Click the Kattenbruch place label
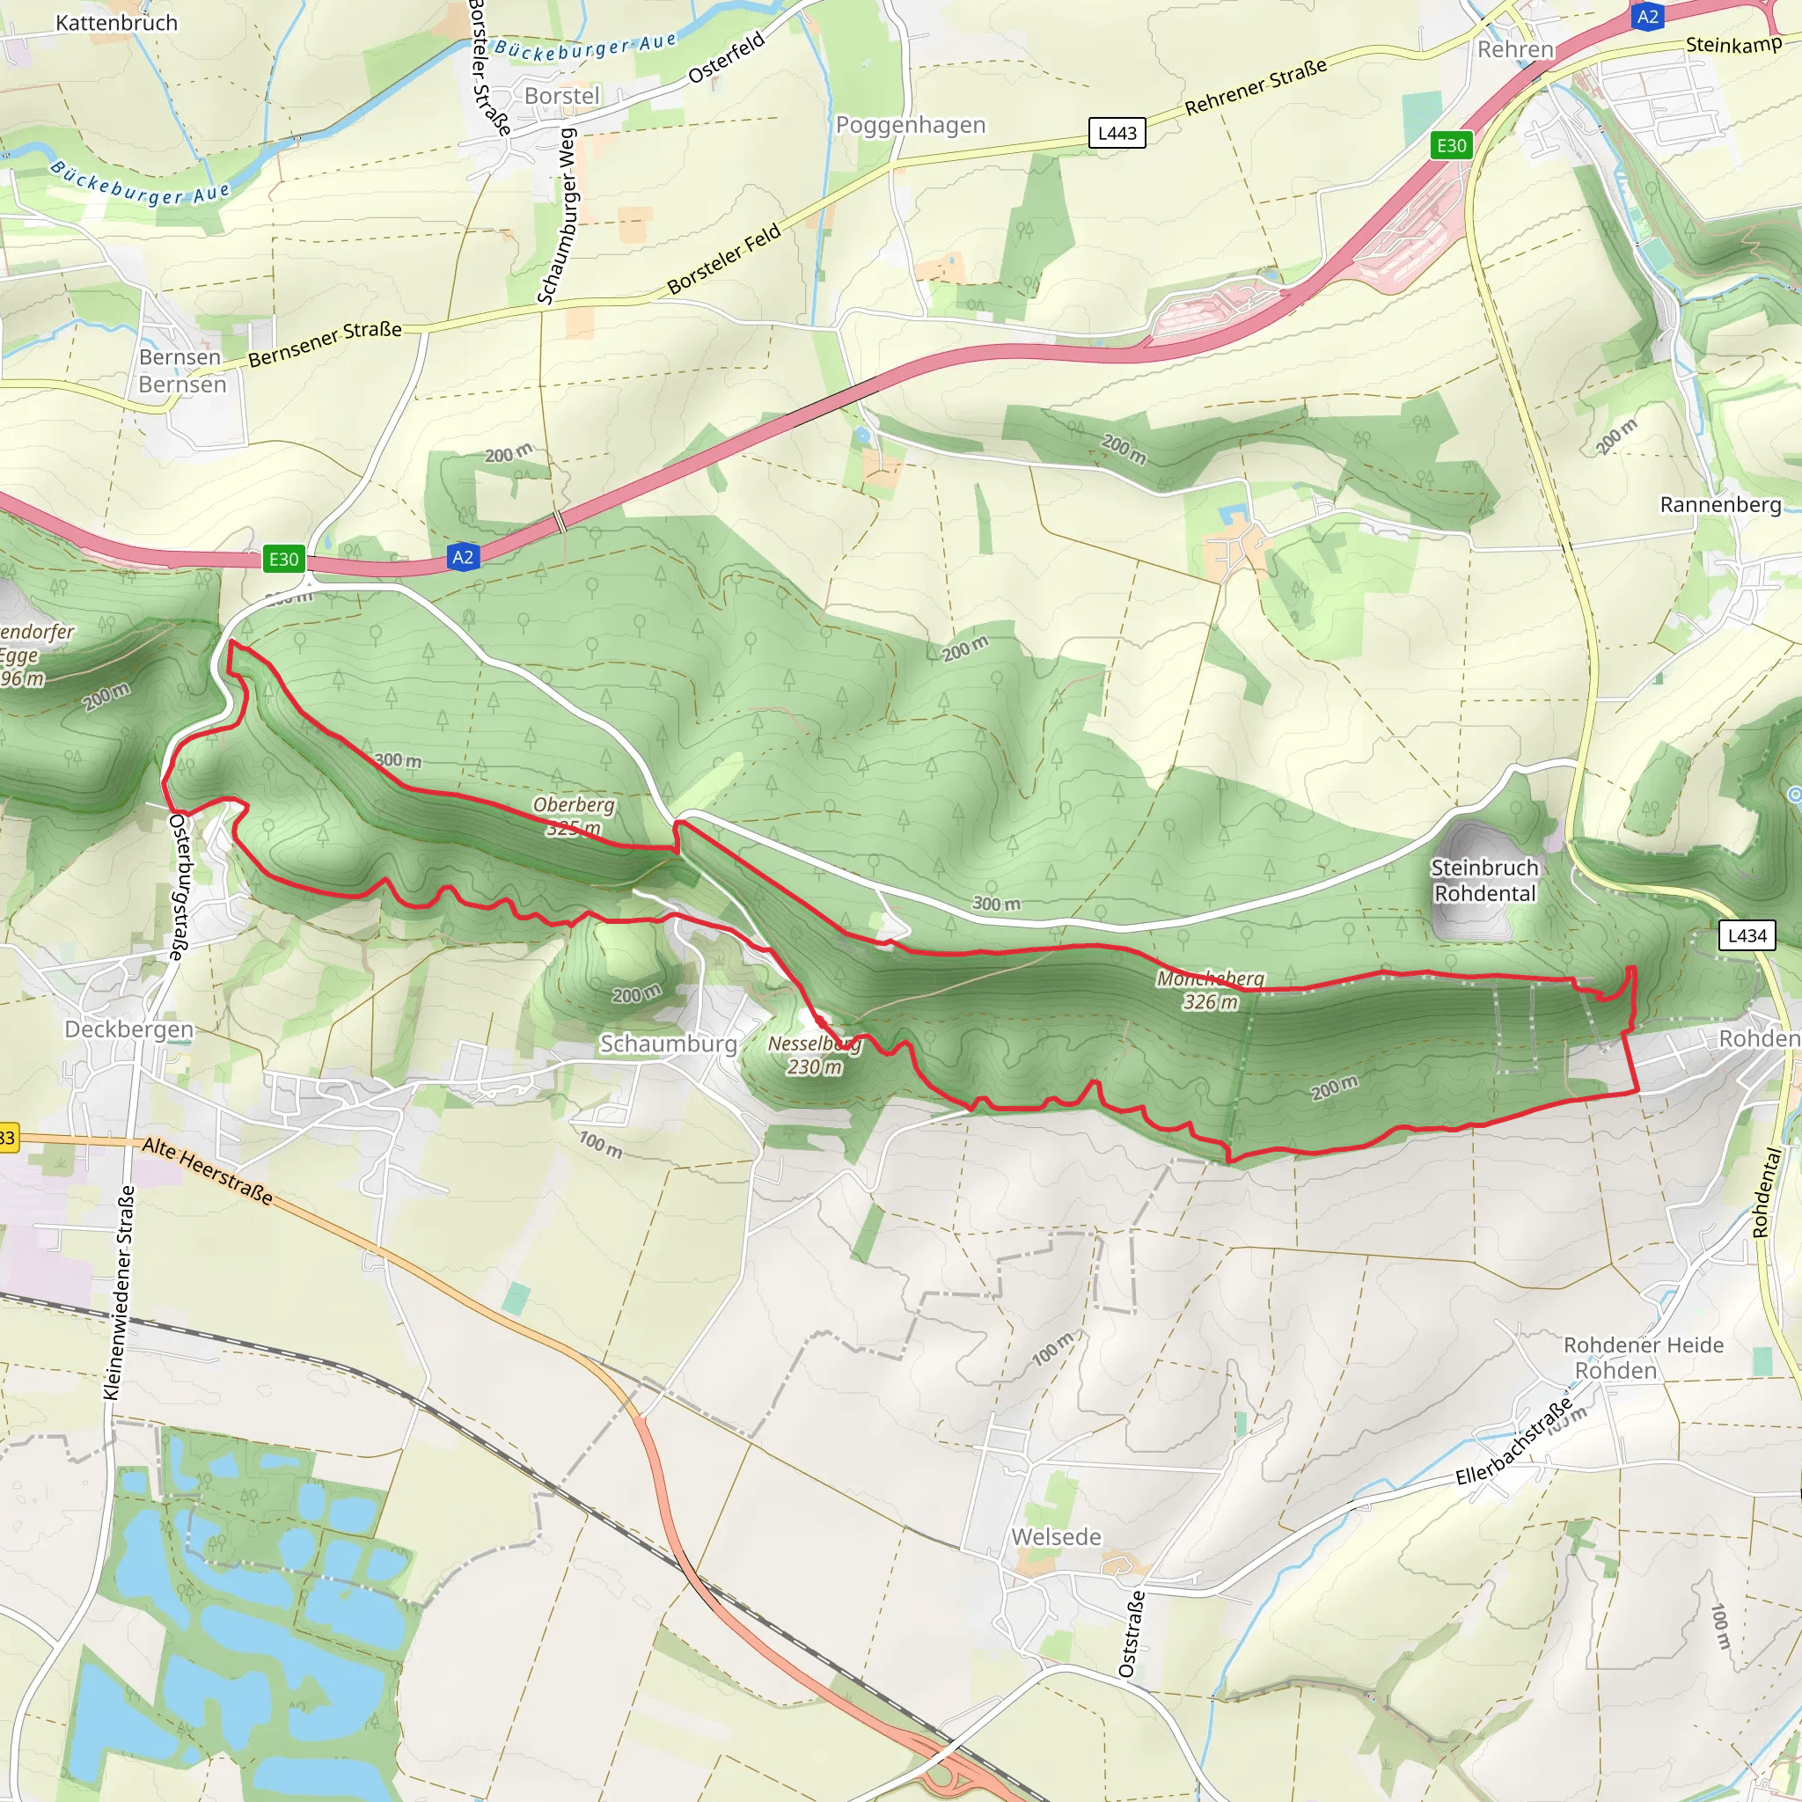click(117, 22)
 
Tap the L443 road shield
click(1117, 133)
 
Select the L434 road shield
click(1746, 935)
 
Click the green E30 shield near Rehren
click(1451, 144)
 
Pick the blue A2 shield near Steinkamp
click(1648, 16)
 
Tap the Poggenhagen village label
click(911, 125)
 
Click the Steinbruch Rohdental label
click(1484, 881)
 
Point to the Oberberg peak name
click(574, 804)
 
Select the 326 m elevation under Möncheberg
click(1210, 1001)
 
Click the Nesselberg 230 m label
click(814, 1055)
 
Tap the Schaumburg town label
click(668, 1044)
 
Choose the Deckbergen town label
click(128, 1029)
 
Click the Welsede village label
click(1056, 1536)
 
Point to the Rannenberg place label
click(1720, 504)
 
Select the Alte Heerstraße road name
click(208, 1171)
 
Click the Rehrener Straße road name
click(1256, 88)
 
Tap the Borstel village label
click(561, 96)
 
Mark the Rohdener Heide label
click(1644, 1345)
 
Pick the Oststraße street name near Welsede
click(1131, 1634)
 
